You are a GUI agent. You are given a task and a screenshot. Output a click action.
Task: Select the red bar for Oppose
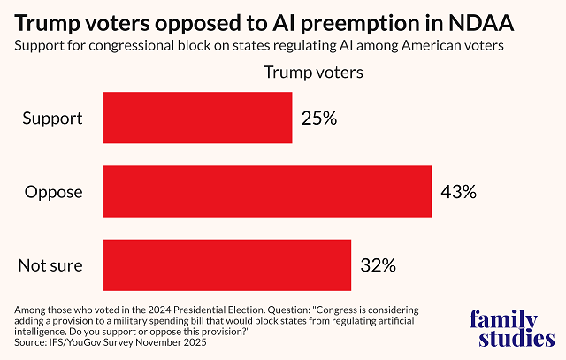tap(267, 191)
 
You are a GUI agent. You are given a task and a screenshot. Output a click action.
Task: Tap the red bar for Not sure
tap(227, 264)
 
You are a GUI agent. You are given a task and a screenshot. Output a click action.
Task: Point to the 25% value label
tap(319, 118)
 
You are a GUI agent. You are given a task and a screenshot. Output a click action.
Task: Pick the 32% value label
tap(378, 264)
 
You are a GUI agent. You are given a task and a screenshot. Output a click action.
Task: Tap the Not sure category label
tap(52, 264)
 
